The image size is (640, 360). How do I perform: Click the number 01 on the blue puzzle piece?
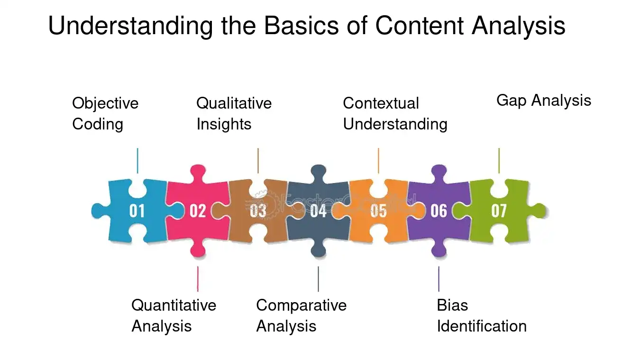[137, 211]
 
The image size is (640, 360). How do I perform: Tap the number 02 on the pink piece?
[198, 211]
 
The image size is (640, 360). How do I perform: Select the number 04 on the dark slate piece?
[318, 211]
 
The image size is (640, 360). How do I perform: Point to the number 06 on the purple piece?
[439, 211]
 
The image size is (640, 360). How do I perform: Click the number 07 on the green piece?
[499, 211]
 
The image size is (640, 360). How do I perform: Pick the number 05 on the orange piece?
[379, 211]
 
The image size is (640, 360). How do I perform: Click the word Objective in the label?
[105, 103]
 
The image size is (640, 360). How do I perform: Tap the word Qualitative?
[234, 103]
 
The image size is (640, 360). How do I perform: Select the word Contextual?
[381, 103]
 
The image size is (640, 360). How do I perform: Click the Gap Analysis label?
[544, 101]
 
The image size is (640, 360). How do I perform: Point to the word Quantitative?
[174, 305]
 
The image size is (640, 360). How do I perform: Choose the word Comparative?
[302, 305]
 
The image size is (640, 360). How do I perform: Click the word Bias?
[453, 305]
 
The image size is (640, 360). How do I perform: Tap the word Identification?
[482, 326]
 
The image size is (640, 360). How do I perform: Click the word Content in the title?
[419, 26]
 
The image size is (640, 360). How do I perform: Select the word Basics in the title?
[302, 26]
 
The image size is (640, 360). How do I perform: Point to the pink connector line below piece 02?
[198, 279]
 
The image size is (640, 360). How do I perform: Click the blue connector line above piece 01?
[137, 161]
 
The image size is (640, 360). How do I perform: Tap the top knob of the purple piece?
[439, 172]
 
